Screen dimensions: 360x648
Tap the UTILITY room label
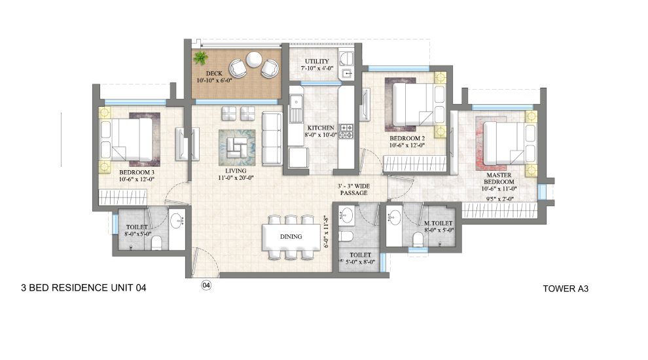pos(315,62)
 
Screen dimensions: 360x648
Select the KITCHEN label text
pos(320,128)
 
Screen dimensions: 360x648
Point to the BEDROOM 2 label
pos(408,139)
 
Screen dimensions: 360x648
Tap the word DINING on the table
pos(291,236)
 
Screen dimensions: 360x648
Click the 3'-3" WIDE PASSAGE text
pos(353,189)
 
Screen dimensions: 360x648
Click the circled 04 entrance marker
pos(206,285)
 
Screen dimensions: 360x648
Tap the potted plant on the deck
pos(200,58)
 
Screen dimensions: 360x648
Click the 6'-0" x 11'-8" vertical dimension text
pos(324,233)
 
